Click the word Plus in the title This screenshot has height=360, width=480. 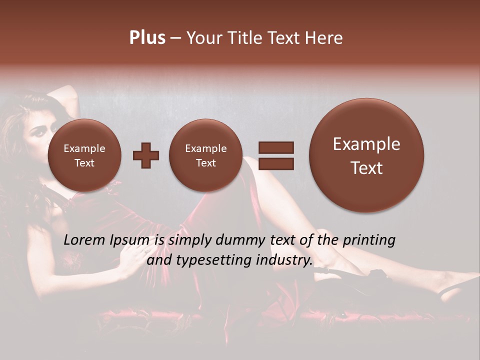[x=147, y=38]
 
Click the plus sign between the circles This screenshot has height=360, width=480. [x=145, y=155]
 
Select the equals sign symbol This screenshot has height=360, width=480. [x=275, y=155]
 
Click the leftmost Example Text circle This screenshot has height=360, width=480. [x=84, y=155]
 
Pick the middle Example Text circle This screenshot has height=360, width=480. [x=205, y=155]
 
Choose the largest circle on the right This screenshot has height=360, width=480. [x=366, y=155]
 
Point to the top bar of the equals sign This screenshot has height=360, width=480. [x=275, y=147]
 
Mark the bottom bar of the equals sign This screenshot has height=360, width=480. [x=275, y=163]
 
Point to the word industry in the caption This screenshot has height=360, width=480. [x=283, y=260]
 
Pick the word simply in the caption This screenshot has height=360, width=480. [x=190, y=241]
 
